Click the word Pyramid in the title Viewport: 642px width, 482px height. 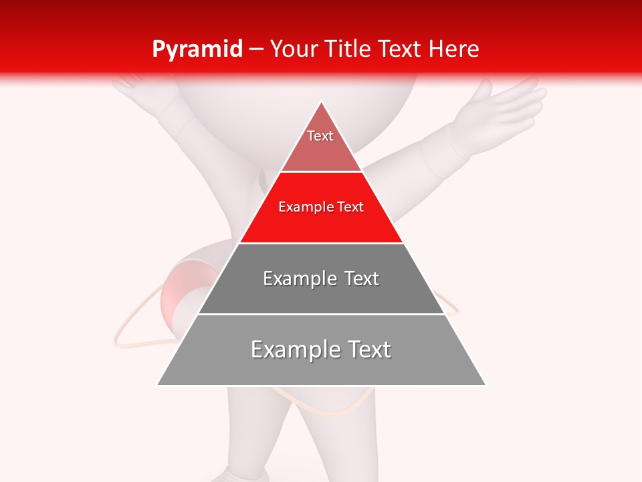[197, 50]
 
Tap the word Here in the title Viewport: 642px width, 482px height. [454, 50]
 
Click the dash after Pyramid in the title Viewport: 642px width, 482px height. [256, 50]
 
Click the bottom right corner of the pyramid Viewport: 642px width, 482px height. [485, 384]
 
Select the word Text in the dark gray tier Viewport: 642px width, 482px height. [362, 278]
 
